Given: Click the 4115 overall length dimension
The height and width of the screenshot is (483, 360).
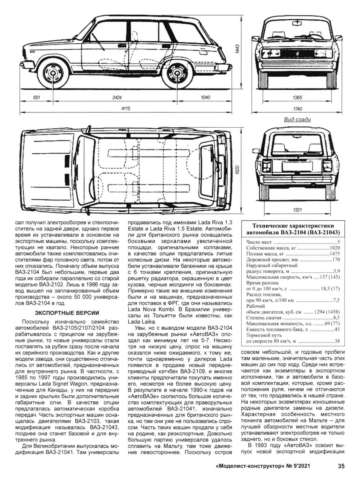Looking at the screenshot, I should coord(125,109).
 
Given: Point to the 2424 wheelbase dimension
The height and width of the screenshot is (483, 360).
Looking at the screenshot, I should coord(117,97).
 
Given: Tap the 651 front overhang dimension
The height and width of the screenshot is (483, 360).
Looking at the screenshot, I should coord(37,97).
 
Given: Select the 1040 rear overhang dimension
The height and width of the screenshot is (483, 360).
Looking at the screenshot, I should coord(205,97).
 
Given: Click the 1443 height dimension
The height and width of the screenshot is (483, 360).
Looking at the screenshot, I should coord(237,49).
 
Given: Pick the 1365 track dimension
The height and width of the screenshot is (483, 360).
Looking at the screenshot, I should coord(297,97).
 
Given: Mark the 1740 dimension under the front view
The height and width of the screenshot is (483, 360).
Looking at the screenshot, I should coord(297,109).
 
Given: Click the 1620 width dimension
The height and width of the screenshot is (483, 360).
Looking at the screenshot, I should coord(237,170).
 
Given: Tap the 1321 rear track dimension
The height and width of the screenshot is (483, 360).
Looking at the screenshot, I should coord(297,210).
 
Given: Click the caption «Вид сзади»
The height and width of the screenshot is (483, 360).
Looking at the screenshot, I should coord(297,119).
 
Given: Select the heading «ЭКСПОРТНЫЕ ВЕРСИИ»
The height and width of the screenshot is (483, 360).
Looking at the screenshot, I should coord(67,313).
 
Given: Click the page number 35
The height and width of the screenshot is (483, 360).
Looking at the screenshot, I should coord(341,466).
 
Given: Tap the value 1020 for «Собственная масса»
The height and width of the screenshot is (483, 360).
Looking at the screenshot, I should coord(335,248).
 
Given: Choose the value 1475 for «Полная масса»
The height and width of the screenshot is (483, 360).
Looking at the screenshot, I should coord(335,254).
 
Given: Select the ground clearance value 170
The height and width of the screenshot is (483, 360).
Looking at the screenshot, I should coord(336,259).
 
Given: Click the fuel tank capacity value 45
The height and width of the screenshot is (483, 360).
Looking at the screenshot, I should coord(337,329).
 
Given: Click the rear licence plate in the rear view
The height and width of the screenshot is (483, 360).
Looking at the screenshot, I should coord(297,166).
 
